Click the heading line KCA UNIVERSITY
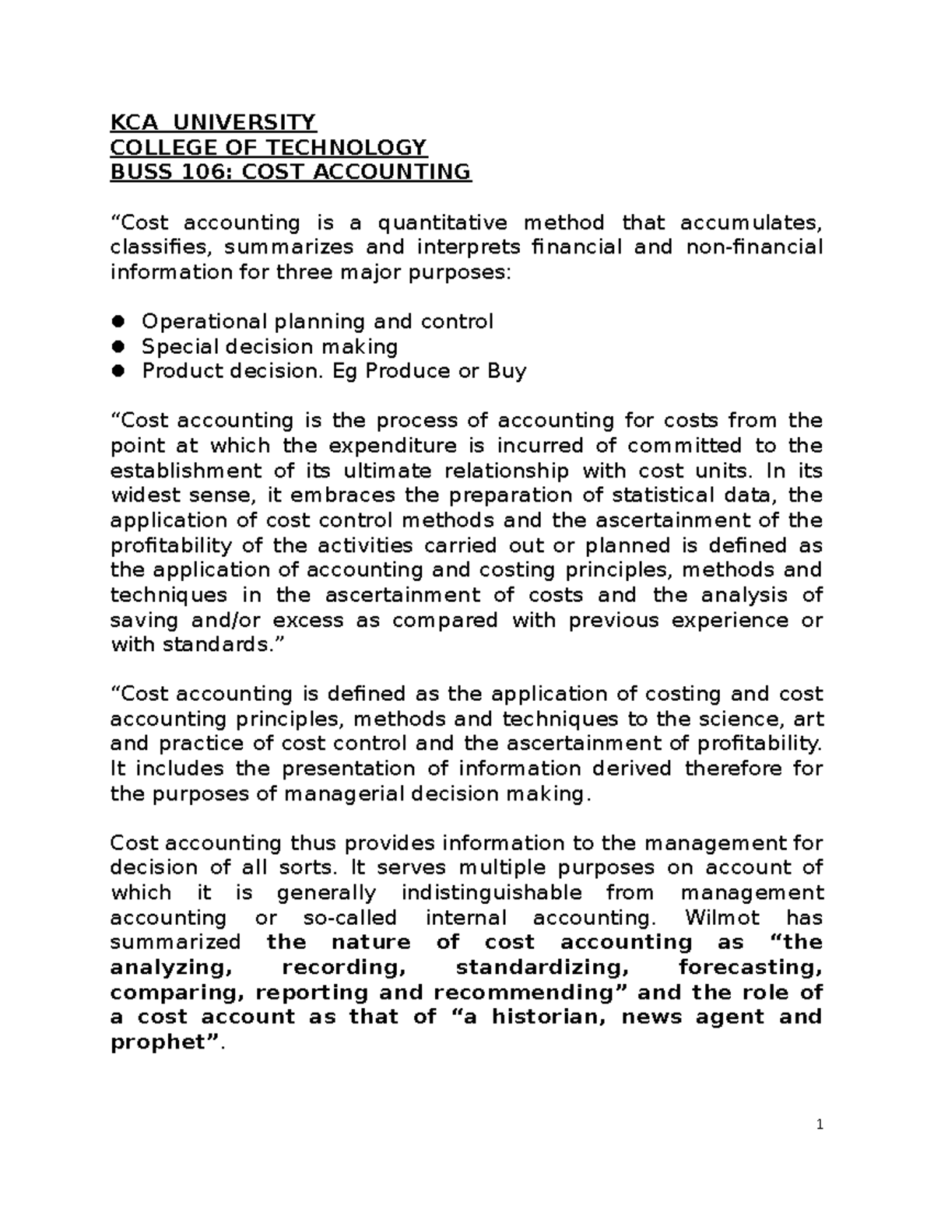(x=212, y=123)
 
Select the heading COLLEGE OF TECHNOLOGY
(x=269, y=148)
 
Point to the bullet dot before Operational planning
(x=118, y=322)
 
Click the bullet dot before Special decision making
(x=118, y=347)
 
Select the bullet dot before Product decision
(x=118, y=372)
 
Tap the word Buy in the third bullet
(x=507, y=372)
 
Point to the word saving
(x=143, y=622)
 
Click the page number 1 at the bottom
(x=820, y=1125)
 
